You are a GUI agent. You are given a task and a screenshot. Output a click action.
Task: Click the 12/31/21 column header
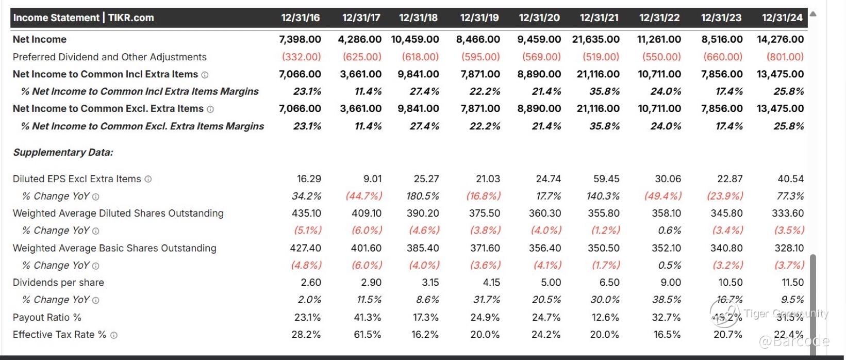(599, 18)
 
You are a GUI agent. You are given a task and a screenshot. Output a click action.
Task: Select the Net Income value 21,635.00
(596, 39)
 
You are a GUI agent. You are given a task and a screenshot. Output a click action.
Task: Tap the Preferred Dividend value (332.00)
(301, 57)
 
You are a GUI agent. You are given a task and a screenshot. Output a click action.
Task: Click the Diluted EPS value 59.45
(606, 179)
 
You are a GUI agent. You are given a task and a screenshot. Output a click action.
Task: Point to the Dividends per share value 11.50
(792, 283)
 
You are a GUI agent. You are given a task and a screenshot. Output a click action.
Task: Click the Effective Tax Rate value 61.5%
(367, 335)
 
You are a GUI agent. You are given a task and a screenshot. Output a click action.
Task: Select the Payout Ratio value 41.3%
(367, 317)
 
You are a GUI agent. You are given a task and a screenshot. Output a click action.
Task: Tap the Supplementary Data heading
(63, 152)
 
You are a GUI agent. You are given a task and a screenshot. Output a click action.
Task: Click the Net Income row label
(40, 39)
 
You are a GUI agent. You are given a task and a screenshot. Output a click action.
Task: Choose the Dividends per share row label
(58, 283)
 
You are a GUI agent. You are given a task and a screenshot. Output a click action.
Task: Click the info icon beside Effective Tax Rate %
(114, 335)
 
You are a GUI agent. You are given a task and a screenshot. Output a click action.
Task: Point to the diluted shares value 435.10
(306, 213)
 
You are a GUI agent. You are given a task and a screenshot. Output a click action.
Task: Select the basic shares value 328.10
(789, 248)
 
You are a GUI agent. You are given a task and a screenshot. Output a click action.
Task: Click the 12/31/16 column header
(300, 18)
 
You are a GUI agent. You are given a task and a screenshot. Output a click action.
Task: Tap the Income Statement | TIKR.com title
(84, 18)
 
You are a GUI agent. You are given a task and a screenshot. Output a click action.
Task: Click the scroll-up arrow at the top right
(813, 14)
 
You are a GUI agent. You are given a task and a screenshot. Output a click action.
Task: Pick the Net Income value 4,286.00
(359, 39)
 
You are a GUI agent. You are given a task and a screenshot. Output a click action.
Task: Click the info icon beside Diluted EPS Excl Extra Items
(148, 179)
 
